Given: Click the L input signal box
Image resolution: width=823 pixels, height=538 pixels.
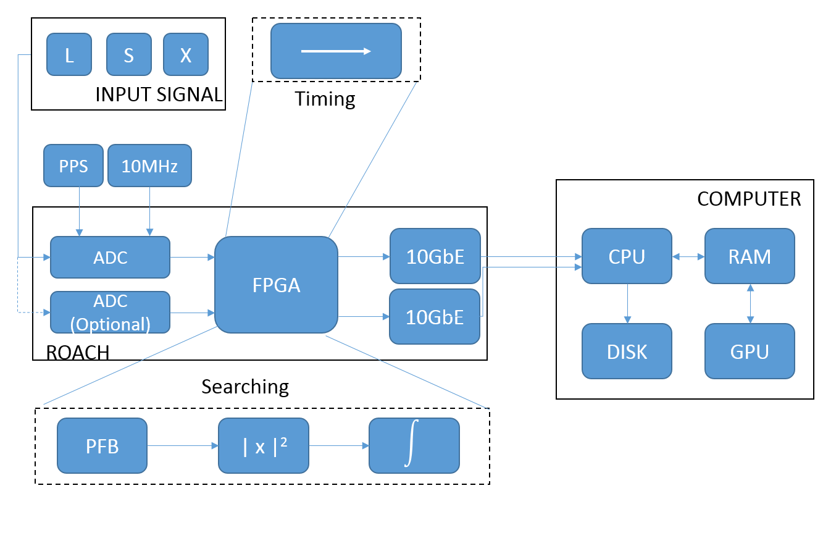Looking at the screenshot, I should point(69,54).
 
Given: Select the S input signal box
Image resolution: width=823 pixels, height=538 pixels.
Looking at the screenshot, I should point(128,54).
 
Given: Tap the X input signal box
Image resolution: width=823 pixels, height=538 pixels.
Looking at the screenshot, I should point(185,54).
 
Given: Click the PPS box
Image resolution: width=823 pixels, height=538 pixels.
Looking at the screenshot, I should point(73,166).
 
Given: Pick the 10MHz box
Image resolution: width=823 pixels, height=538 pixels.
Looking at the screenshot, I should point(149,166).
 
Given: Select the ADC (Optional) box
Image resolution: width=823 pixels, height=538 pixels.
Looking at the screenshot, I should point(110,313).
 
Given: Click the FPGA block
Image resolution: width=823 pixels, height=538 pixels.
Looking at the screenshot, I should point(276,285).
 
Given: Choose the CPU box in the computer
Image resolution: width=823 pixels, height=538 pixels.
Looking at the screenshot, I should point(627,256).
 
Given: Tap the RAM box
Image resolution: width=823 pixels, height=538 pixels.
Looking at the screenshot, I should point(750,256).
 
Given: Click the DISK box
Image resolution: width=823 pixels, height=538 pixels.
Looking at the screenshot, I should point(627,351).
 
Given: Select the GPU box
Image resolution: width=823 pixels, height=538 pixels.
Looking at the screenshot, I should point(750,351).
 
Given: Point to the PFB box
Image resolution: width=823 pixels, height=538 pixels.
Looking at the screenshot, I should point(102,445).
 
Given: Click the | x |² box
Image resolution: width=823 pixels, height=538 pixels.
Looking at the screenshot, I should point(263,445).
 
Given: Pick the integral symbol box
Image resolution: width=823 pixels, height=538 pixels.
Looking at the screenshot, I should point(414,445).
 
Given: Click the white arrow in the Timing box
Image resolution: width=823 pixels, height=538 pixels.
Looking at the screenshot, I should point(336,51).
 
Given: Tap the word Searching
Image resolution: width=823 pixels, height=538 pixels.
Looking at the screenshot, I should point(245,387).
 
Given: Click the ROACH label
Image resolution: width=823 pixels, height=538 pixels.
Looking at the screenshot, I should point(78,353).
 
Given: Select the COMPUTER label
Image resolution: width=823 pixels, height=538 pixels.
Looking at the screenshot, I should point(749,199).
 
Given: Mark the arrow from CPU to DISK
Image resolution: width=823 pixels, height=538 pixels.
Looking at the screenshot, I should point(627,303).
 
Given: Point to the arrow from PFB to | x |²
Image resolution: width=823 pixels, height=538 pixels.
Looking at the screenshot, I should point(183,445).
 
